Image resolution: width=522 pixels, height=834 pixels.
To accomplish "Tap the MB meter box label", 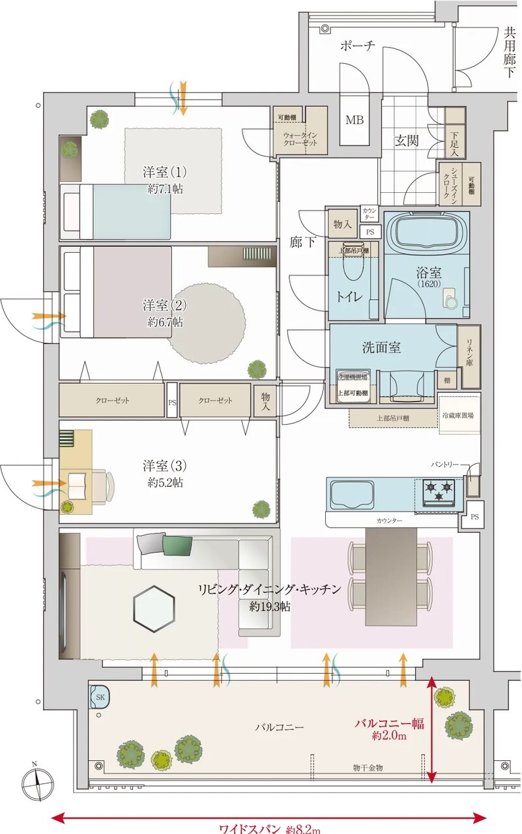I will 354,121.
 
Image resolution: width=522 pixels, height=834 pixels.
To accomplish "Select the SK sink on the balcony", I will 100,697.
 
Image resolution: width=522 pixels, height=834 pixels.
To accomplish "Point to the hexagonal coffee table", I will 154,608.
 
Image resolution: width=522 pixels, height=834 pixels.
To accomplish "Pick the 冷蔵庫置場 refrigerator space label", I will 458,415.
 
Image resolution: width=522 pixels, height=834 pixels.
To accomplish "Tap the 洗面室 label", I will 381,347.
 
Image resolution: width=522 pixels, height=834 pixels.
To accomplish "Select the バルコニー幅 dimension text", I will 389,723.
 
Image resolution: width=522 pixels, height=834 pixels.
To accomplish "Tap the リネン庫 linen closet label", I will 469,352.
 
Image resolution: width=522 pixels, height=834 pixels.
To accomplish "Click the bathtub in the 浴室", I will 427,234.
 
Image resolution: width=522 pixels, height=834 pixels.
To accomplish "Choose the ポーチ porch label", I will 358,46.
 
